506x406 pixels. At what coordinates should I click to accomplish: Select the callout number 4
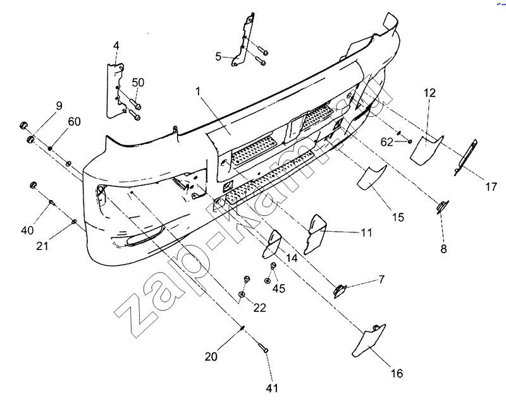click(116, 45)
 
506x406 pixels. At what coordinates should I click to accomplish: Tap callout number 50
click(138, 83)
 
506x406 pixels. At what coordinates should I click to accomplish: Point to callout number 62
click(387, 142)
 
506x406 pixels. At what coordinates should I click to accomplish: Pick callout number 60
click(74, 122)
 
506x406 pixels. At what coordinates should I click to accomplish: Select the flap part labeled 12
click(427, 145)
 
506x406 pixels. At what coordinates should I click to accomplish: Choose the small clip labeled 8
click(442, 205)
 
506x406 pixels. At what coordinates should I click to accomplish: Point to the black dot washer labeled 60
click(49, 146)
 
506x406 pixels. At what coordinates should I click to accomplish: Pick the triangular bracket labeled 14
click(272, 244)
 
